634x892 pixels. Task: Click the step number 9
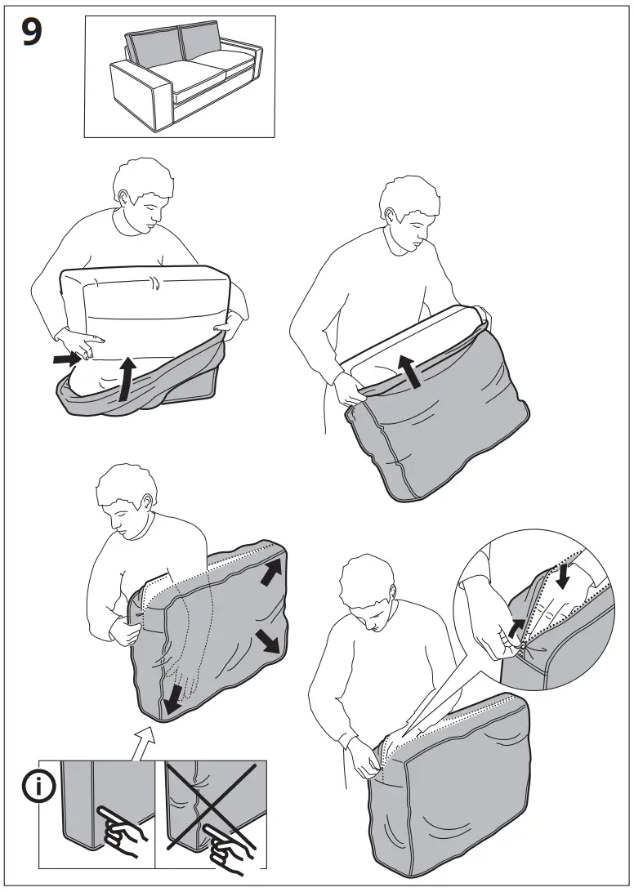click(32, 33)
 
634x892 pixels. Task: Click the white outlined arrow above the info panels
click(144, 743)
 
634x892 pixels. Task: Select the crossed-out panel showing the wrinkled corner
click(211, 814)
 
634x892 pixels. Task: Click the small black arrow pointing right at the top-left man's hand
click(67, 359)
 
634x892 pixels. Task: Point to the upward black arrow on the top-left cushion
click(127, 379)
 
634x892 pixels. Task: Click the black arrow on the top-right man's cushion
click(409, 372)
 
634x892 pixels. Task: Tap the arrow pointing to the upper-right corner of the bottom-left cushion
click(271, 572)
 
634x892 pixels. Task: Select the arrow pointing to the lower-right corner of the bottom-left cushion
click(267, 641)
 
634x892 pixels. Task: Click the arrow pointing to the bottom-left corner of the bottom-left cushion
click(173, 699)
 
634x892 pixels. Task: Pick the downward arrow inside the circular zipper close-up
click(563, 576)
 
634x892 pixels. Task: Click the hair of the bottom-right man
click(367, 578)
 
